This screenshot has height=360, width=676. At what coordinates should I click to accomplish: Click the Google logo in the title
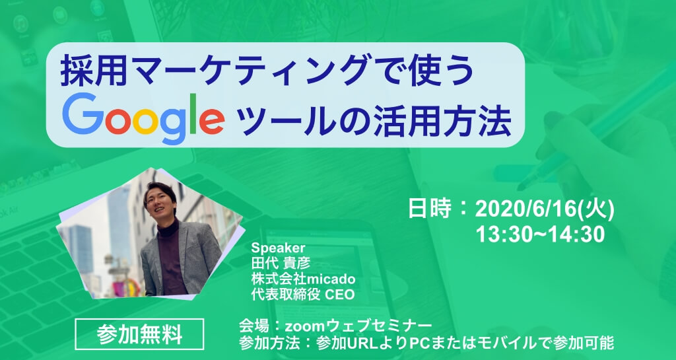[143, 118]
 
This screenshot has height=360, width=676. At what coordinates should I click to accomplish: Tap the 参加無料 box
[139, 334]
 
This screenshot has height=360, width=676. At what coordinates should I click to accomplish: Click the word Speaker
[278, 248]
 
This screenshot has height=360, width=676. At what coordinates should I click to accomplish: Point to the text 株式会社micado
[304, 279]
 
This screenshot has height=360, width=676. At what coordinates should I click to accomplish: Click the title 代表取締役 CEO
[302, 295]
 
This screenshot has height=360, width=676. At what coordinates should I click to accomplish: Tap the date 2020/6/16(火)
[545, 210]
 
